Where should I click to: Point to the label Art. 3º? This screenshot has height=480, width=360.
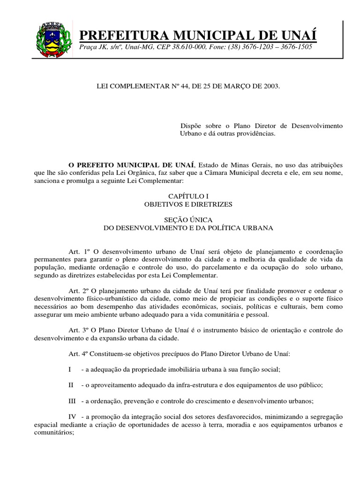point(78,330)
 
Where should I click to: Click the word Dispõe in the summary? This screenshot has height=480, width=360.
point(191,126)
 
